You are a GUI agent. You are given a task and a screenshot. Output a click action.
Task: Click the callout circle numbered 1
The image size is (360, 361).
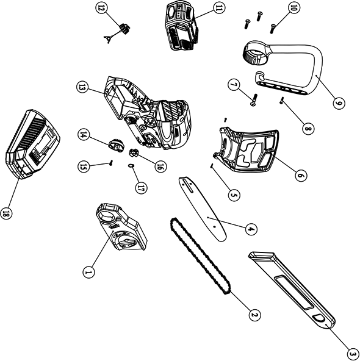point(88,271)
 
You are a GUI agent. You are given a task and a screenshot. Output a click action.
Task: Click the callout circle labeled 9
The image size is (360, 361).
point(339,103)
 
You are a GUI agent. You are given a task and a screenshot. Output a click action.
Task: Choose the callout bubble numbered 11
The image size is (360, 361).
point(218,9)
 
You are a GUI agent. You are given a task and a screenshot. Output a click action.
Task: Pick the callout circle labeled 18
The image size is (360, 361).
point(7,213)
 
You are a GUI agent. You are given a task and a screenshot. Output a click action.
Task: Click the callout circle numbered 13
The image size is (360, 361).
point(82,88)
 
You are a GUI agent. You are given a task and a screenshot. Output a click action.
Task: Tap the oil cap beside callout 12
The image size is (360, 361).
point(125,28)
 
